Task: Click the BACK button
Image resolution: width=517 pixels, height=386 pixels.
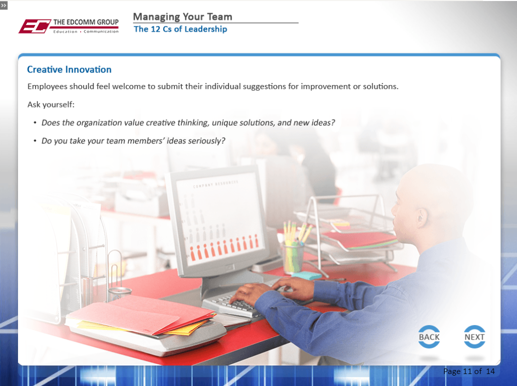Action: pyautogui.click(x=429, y=336)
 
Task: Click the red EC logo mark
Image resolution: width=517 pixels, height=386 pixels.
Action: pyautogui.click(x=35, y=26)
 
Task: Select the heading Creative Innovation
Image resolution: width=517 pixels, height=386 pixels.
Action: pyautogui.click(x=69, y=69)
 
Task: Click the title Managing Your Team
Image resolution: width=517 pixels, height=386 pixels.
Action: pyautogui.click(x=183, y=16)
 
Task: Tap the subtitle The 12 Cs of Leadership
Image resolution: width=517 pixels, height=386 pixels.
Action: pyautogui.click(x=180, y=29)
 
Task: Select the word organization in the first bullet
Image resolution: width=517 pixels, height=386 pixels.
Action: pyautogui.click(x=99, y=122)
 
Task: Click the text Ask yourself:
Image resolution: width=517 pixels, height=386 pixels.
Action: pyautogui.click(x=51, y=104)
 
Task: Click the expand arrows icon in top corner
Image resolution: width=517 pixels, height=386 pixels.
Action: pyautogui.click(x=4, y=5)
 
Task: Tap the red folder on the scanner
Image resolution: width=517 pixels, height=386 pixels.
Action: pyautogui.click(x=140, y=314)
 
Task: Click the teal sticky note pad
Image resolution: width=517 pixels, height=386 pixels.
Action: pyautogui.click(x=306, y=276)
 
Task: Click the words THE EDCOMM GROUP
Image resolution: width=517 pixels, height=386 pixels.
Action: pyautogui.click(x=86, y=22)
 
